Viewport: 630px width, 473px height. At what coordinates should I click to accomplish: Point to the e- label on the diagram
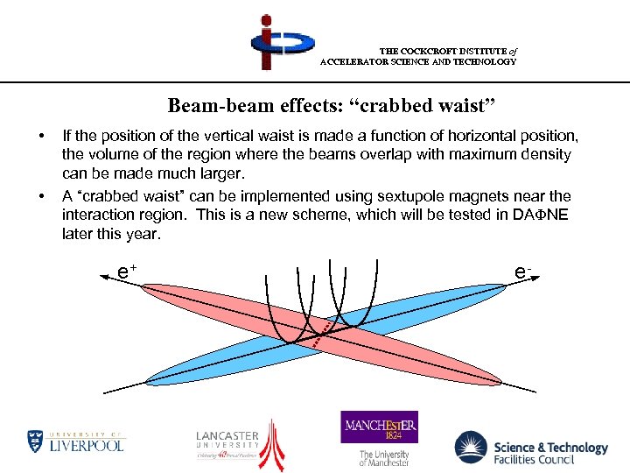pyautogui.click(x=521, y=272)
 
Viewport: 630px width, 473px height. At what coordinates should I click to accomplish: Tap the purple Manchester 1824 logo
pyautogui.click(x=379, y=427)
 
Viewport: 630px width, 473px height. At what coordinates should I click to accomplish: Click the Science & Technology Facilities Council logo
pyautogui.click(x=530, y=448)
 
